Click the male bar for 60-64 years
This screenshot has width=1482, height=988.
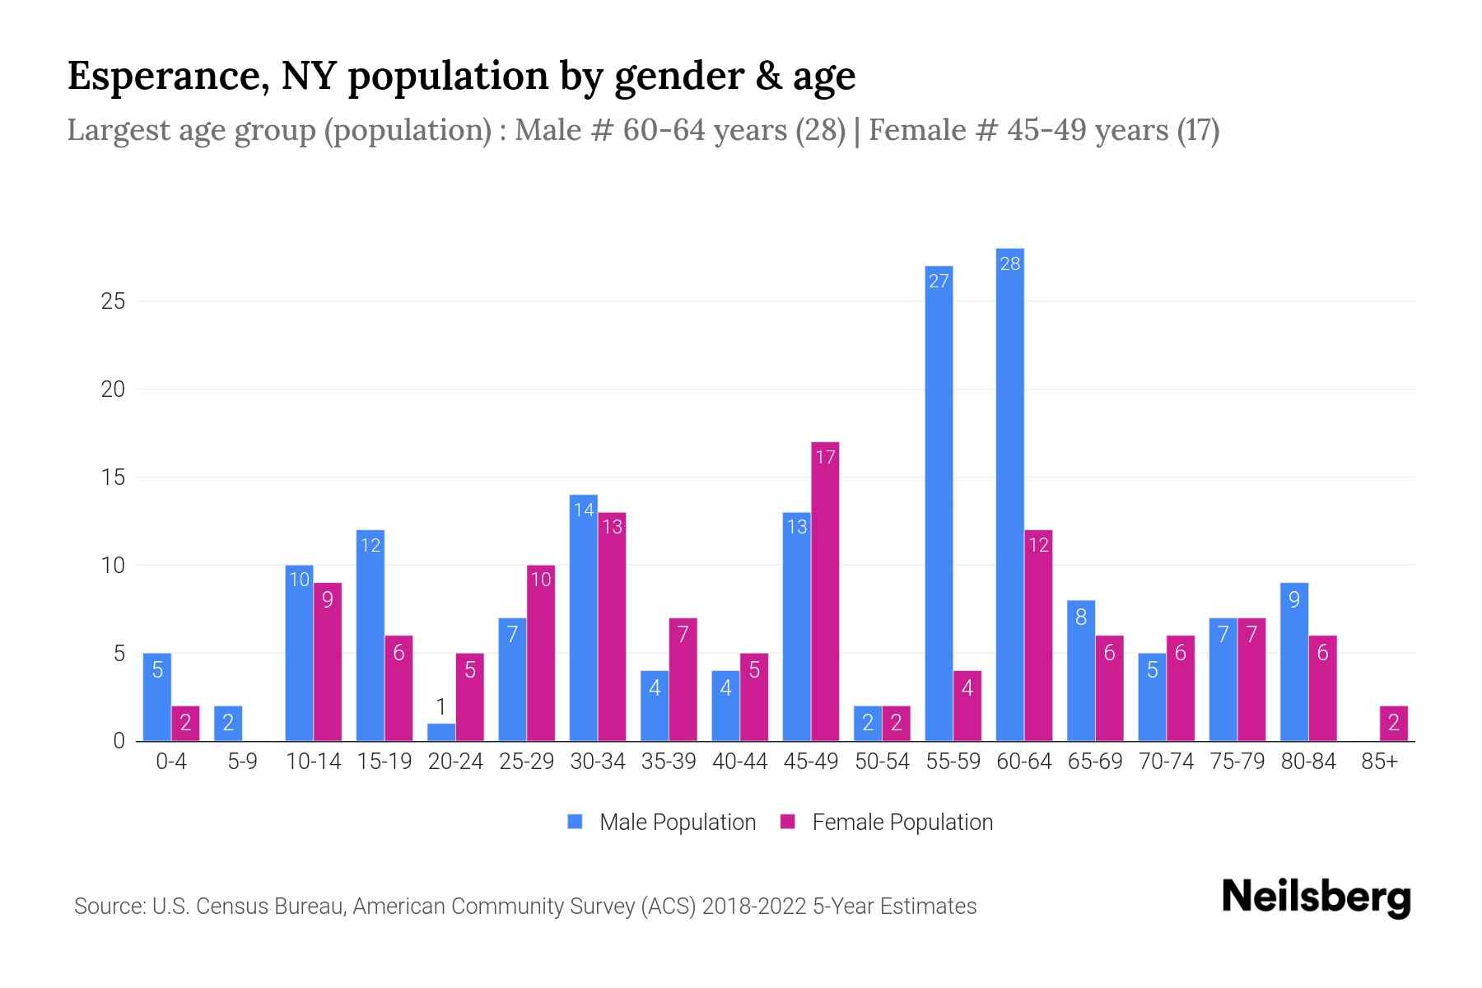click(1009, 494)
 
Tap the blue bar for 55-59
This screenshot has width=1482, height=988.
click(939, 503)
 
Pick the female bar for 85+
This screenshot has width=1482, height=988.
click(1393, 724)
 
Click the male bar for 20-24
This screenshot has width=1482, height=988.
click(441, 733)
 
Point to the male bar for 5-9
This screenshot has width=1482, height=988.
click(228, 724)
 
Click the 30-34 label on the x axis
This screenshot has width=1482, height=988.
click(598, 762)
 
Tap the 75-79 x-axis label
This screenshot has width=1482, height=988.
click(1237, 762)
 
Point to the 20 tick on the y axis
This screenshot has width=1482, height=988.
click(113, 389)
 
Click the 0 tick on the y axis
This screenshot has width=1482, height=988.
click(119, 741)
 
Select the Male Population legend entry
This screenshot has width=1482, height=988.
click(677, 823)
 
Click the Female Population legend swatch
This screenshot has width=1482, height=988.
click(788, 822)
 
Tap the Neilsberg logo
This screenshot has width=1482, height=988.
click(1316, 897)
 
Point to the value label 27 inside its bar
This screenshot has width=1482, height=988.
click(939, 282)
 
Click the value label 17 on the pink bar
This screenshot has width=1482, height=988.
click(825, 457)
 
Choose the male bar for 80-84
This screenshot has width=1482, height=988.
click(1294, 662)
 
